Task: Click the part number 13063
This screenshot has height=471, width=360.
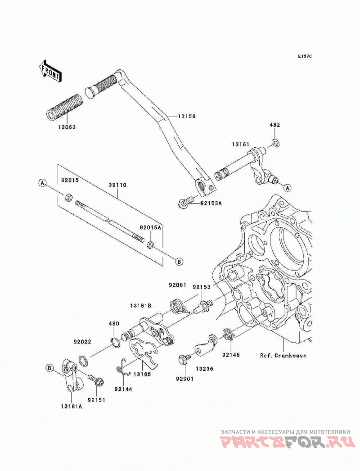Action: pyautogui.click(x=67, y=127)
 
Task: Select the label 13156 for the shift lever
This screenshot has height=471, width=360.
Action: pyautogui.click(x=186, y=116)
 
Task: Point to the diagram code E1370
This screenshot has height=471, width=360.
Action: pyautogui.click(x=305, y=56)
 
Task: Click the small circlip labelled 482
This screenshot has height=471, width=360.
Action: pyautogui.click(x=277, y=144)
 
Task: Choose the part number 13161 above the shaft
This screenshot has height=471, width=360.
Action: pyautogui.click(x=240, y=145)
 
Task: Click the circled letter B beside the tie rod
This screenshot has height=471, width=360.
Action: pyautogui.click(x=179, y=262)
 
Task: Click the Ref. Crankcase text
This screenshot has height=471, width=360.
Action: pyautogui.click(x=283, y=355)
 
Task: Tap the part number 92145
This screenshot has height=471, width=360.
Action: pyautogui.click(x=231, y=355)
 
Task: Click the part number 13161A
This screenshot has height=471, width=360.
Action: pyautogui.click(x=72, y=407)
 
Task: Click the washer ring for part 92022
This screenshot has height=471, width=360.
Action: pyautogui.click(x=83, y=361)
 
